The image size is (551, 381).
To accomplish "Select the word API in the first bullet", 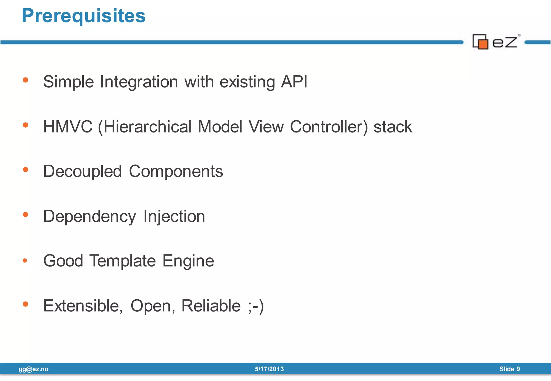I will point(294,82).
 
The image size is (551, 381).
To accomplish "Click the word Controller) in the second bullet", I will point(329,127).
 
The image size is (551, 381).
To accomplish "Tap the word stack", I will point(393,127).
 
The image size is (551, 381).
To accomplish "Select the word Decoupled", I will point(83,172).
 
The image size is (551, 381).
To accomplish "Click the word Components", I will point(176,172).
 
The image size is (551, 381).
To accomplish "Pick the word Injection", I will point(174,217).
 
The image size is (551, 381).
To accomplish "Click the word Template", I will point(123,261).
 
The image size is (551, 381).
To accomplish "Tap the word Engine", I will point(188,261).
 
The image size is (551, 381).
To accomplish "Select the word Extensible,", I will point(83,306).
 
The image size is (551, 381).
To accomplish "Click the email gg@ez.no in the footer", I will point(33,369).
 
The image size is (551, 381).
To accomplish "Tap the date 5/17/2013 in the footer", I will point(269,369).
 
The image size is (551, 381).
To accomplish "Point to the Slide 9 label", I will point(510,369).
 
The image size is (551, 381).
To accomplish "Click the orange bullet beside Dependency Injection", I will point(26,214).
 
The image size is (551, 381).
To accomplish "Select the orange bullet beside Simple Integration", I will point(26,80).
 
